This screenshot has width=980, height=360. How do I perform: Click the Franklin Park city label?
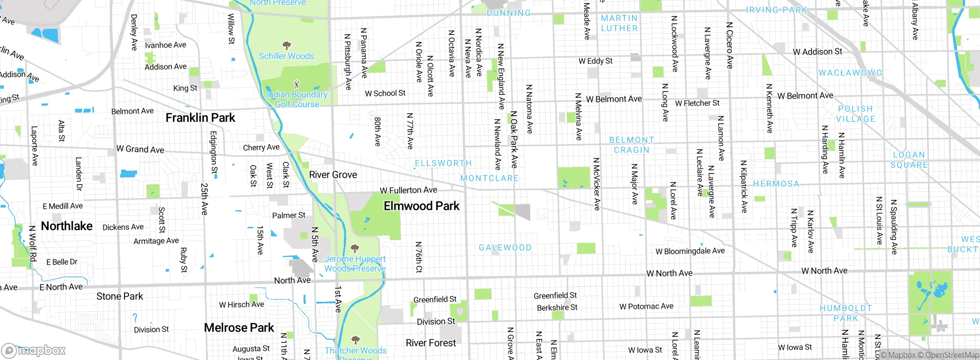(200, 118)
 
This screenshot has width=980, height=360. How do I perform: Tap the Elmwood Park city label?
(421, 206)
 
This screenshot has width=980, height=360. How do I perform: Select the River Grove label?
(333, 175)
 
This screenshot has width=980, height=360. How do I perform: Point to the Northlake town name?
(67, 226)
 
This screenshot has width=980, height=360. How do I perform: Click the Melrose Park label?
(239, 328)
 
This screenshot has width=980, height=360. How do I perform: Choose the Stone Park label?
(119, 296)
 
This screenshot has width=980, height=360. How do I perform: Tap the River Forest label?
(431, 343)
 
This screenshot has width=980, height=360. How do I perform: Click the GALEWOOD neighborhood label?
(505, 248)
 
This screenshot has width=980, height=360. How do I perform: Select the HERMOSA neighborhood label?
(776, 184)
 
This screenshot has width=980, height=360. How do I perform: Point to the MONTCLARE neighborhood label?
(489, 178)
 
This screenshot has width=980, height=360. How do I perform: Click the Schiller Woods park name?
(286, 56)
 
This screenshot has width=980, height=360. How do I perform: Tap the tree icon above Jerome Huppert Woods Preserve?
(355, 248)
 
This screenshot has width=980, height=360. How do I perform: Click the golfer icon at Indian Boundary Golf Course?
(296, 84)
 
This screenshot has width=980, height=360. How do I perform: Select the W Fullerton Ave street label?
(408, 190)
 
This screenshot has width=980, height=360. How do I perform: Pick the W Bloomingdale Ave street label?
(690, 251)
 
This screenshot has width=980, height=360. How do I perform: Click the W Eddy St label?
(595, 61)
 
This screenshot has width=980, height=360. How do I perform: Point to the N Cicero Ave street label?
(730, 45)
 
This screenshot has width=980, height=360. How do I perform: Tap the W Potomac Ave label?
(646, 306)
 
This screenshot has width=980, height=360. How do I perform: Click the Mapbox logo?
(34, 350)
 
